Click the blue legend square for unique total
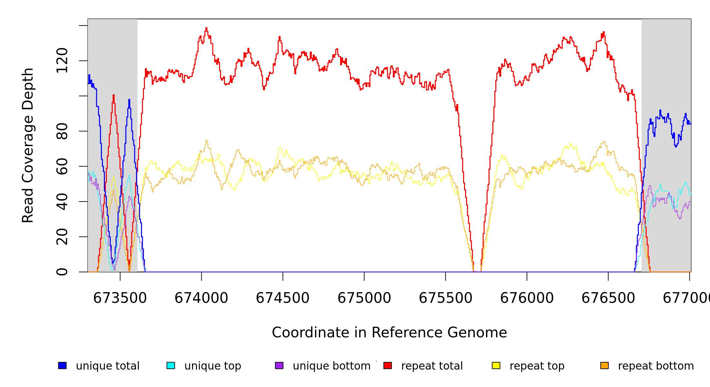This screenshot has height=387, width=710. tap(62, 365)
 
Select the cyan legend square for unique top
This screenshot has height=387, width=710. tap(171, 365)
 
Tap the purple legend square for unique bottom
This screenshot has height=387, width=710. tap(279, 365)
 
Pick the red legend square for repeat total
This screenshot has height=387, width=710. tap(388, 365)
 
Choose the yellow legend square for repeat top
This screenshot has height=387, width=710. tap(496, 365)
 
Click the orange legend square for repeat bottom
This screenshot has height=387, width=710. tap(604, 365)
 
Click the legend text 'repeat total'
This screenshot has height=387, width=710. tap(432, 366)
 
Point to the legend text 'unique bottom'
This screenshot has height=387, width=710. tap(331, 366)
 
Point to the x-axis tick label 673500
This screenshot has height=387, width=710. tap(120, 298)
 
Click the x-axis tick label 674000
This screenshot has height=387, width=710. tap(201, 298)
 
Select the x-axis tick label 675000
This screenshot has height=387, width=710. tap(364, 298)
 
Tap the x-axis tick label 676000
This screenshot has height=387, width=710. tap(527, 298)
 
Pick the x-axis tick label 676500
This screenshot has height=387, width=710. tap(608, 298)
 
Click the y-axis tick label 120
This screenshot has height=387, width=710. tap(62, 61)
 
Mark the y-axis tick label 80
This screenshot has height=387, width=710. tap(62, 131)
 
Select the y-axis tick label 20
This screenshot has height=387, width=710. tap(62, 237)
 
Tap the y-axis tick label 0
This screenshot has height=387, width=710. tap(62, 272)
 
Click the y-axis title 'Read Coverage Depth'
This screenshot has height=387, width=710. tap(28, 145)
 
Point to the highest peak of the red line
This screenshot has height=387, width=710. tap(207, 28)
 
